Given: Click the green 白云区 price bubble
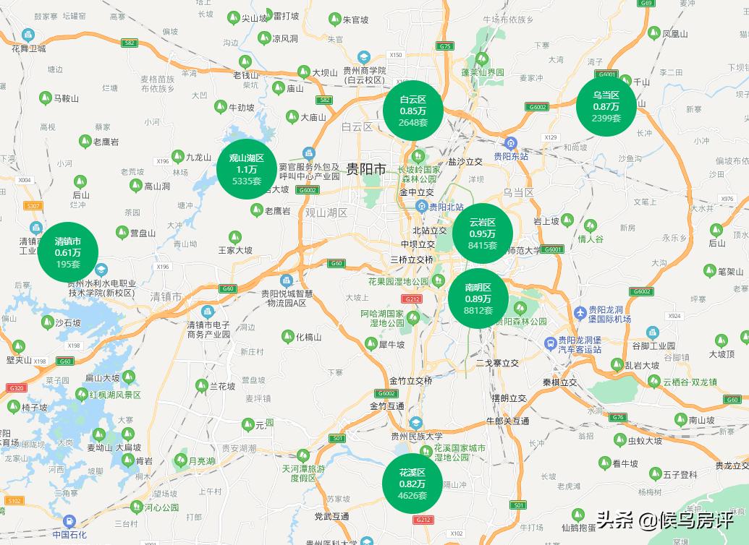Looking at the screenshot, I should point(413,111).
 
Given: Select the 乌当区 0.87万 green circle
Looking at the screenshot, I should point(606,106).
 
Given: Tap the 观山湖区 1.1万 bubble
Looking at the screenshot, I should point(247,169).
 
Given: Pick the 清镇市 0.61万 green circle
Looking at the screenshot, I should point(68,252).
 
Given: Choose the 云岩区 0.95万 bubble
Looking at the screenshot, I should point(483,233).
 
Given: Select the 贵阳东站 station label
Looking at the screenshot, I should point(511,155).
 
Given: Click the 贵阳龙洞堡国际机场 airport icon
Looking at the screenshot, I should point(580,313).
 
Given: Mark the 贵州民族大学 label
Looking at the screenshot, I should point(416,436).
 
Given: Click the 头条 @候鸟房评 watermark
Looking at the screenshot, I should point(664,519).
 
